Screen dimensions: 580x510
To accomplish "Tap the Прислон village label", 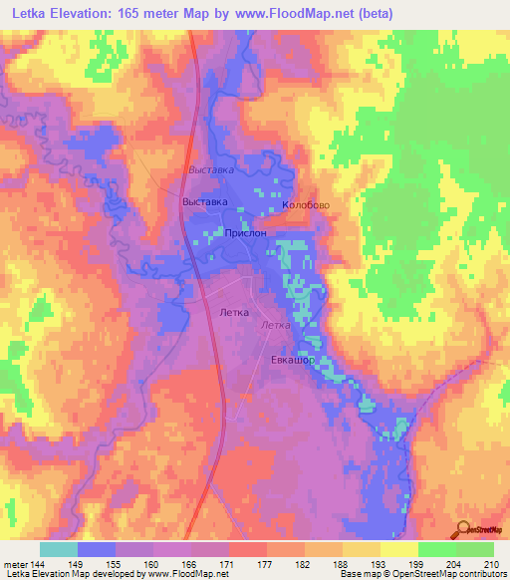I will (x=246, y=232).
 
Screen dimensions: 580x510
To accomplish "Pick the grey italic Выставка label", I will (x=211, y=170).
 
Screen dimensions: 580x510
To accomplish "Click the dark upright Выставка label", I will (x=205, y=201).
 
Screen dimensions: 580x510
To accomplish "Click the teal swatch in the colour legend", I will (x=58, y=549).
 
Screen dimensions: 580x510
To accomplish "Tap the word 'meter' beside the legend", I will (x=16, y=563).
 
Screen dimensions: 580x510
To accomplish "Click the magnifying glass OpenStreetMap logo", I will (x=464, y=529).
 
